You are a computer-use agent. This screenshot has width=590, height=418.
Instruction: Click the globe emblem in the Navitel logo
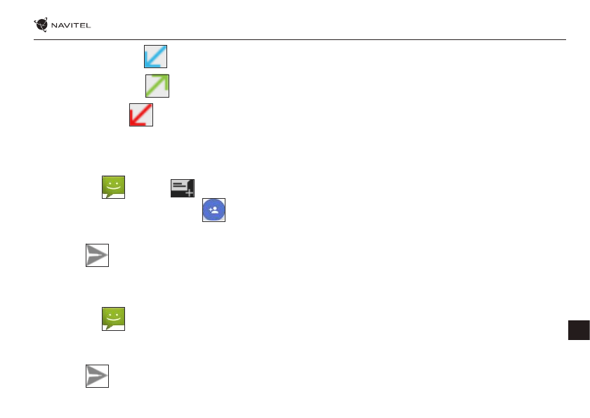point(43,25)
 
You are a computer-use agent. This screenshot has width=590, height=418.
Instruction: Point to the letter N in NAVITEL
point(56,26)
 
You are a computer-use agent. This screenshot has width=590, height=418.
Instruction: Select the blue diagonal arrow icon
point(155,56)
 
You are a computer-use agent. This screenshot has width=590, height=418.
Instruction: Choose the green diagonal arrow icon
point(157,86)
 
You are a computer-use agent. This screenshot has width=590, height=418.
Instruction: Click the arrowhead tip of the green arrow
point(165,78)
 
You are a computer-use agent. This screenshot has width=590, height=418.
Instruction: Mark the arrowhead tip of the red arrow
point(133,123)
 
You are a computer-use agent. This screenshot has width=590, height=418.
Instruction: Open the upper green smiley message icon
point(113,187)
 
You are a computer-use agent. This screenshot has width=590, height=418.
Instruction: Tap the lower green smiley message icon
point(113,318)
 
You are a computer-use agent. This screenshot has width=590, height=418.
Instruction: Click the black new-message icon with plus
point(182,188)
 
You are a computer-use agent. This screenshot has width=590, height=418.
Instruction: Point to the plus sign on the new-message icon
point(190,192)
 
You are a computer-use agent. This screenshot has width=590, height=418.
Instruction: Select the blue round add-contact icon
point(214,210)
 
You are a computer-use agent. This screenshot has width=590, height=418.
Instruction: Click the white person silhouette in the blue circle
point(216,210)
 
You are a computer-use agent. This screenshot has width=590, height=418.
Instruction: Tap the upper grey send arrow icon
point(98,256)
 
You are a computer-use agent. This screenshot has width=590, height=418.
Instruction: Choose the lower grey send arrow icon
point(98,376)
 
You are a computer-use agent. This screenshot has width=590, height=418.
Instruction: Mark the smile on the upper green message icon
point(113,188)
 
